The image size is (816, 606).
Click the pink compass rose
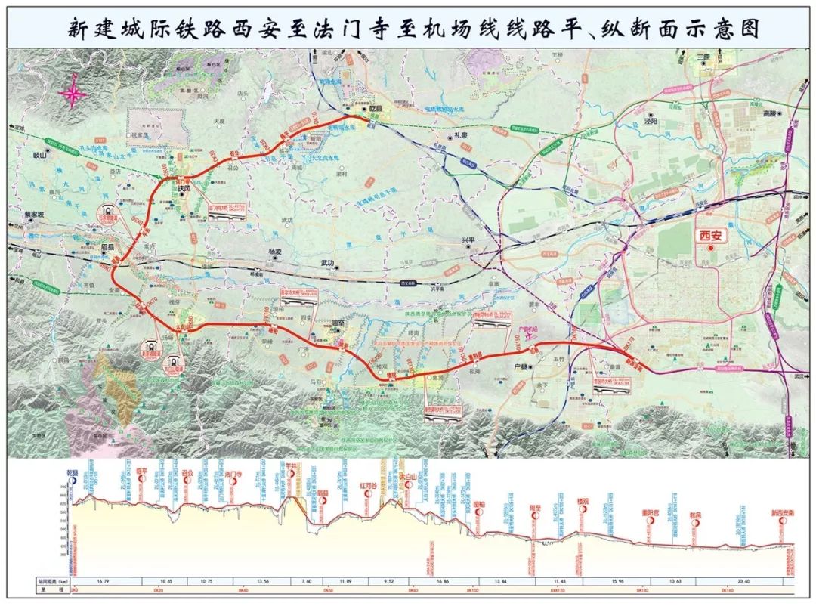click(73, 94)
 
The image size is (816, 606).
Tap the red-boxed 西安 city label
click(709, 235)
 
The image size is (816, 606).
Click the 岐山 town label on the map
click(39, 154)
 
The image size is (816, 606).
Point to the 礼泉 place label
click(462, 135)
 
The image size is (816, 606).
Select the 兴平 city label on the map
click(470, 240)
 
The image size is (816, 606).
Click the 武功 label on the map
click(327, 263)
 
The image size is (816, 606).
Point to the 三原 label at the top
click(704, 57)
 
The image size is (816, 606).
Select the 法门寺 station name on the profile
click(233, 474)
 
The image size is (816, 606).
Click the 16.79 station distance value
click(104, 581)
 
